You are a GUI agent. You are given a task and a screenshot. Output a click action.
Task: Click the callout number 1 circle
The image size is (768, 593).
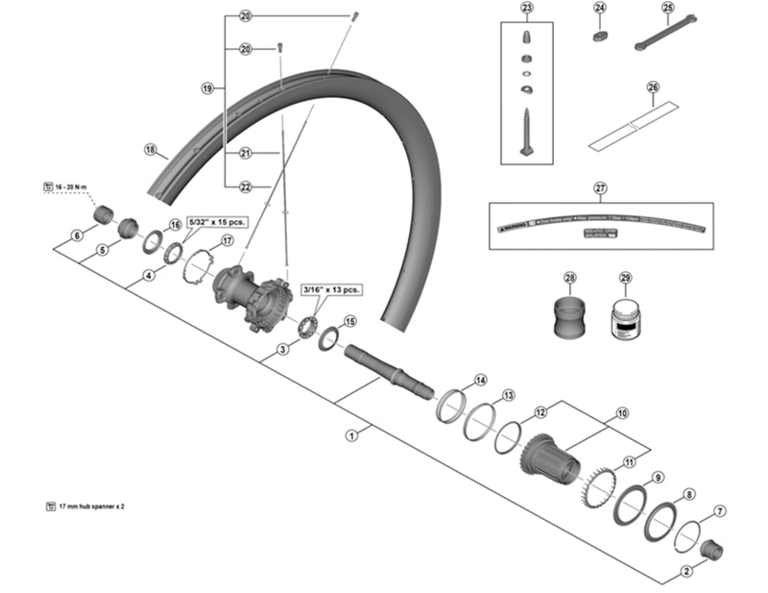(x=351, y=434)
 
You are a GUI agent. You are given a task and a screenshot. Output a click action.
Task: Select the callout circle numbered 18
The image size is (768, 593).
(x=150, y=149)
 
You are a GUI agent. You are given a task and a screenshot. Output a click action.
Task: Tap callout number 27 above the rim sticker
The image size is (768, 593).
(x=601, y=187)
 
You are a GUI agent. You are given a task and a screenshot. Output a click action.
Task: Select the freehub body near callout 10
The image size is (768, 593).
(x=551, y=457)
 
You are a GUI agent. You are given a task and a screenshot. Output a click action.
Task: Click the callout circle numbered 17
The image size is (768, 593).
(x=228, y=240)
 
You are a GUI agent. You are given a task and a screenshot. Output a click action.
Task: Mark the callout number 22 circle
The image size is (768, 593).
(x=245, y=186)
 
